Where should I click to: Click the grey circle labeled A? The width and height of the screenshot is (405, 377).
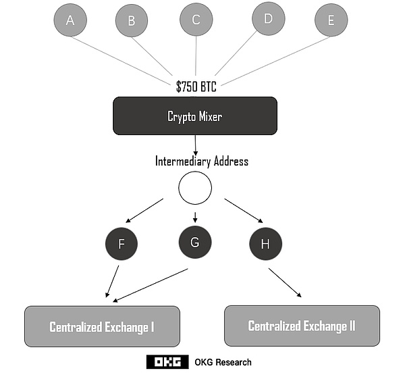tap(70, 20)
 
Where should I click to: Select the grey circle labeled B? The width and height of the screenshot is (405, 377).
tap(132, 21)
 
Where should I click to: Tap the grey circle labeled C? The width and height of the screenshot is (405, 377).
tap(196, 19)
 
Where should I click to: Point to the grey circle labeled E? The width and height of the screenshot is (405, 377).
tap(331, 20)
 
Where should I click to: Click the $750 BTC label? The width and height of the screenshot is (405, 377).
tap(196, 86)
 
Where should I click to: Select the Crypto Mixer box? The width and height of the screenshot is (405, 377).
tap(195, 116)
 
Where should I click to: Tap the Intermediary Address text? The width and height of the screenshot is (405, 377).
tap(202, 161)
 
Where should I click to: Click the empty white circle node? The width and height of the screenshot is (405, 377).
tap(195, 188)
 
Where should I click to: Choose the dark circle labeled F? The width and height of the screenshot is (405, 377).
tap(122, 243)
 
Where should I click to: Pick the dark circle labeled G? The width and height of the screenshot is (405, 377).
tap(195, 242)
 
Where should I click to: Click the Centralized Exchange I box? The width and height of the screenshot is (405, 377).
tap(102, 327)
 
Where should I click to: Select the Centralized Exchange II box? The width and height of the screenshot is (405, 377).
tap(302, 326)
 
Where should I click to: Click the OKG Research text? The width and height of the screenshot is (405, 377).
tap(223, 362)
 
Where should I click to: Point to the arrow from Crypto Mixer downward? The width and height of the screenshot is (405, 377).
tap(195, 144)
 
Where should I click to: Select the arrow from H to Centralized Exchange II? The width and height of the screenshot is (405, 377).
tap(285, 282)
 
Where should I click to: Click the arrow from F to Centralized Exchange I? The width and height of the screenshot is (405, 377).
tap(113, 281)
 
